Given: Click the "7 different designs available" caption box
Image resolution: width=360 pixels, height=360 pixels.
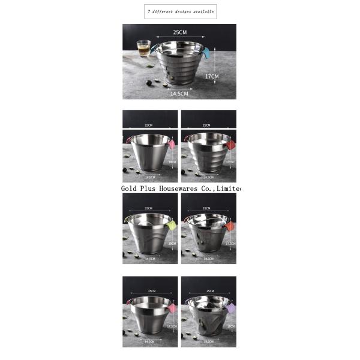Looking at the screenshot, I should (181, 11).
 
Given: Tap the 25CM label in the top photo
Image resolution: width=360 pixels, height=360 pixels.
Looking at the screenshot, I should (179, 32).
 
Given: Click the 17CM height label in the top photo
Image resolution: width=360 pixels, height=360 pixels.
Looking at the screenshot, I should (212, 76).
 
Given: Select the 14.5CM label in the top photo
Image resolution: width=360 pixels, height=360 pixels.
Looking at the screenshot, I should (179, 94).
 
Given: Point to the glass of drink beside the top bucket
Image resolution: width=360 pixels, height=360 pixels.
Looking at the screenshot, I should (143, 47).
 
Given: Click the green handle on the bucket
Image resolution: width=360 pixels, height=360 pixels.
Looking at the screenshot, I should (170, 225).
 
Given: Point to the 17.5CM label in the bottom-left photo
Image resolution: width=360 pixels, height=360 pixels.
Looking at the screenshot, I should (173, 326).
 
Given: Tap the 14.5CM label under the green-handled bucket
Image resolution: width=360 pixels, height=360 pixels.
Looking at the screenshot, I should (149, 259).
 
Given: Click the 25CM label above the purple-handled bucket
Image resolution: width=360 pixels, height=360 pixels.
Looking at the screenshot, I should (209, 291).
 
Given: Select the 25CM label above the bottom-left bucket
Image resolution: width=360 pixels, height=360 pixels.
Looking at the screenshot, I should (149, 291).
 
